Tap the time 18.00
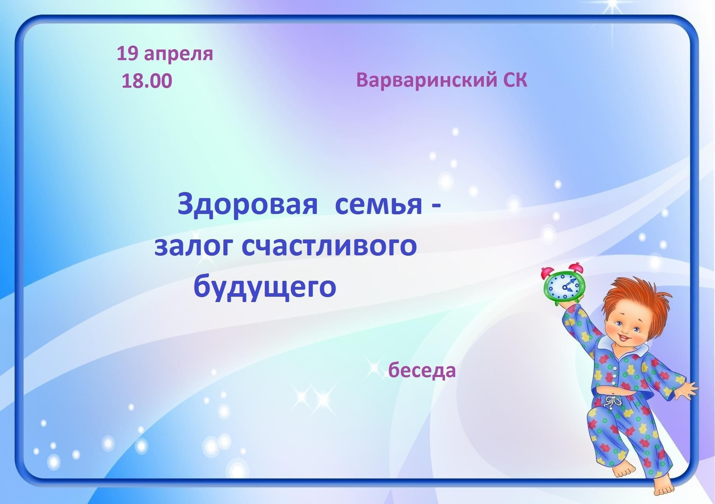(147, 81)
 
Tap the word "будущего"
(265, 287)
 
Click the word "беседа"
(422, 370)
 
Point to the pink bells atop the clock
(562, 270)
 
